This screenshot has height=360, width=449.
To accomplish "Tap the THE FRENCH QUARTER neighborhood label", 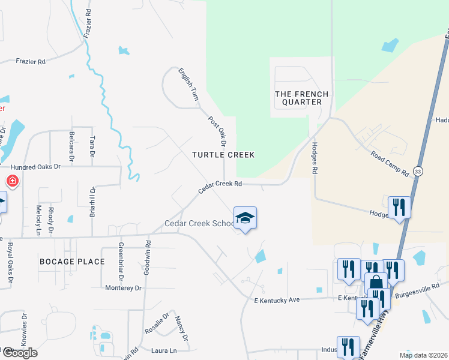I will coord(301,98).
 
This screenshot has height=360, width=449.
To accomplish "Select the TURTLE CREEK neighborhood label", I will coord(223,155).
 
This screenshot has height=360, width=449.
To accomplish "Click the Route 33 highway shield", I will coord(418,172).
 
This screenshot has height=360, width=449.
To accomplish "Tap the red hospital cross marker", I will coord(11,181).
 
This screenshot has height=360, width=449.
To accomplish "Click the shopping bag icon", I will coord(376,283).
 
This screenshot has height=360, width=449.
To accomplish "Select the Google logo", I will coord(19,353).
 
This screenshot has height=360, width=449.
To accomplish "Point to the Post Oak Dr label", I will coord(217,131).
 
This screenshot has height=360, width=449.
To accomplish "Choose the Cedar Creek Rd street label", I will coord(220,188).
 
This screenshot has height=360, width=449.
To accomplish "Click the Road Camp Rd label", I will coord(390,163).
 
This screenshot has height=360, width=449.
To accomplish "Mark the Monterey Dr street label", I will coord(122,288).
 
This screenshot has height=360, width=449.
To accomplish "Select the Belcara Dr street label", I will coord(71,147).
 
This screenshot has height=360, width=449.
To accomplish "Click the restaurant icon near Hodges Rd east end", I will coord(399,207).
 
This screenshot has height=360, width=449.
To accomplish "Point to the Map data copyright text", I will coord(423,355).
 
